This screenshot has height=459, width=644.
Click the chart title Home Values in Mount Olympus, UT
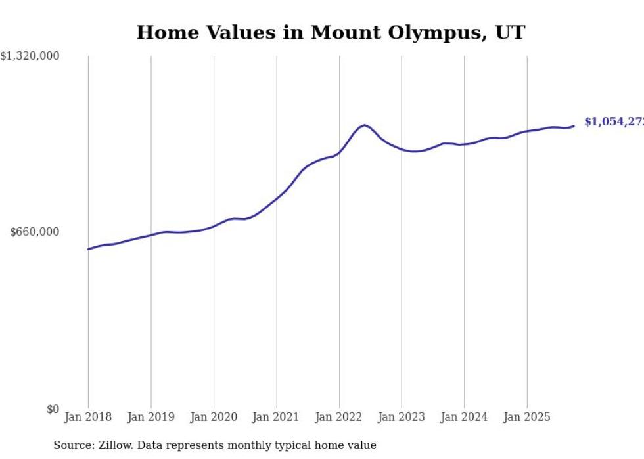click(331, 32)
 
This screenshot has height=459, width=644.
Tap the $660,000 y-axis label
click(34, 232)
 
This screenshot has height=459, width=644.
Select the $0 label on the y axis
click(53, 410)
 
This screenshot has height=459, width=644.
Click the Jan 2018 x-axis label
click(88, 417)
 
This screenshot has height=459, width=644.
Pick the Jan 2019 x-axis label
click(150, 417)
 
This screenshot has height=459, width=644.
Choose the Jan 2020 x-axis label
click(214, 417)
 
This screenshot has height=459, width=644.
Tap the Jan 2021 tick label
click(276, 417)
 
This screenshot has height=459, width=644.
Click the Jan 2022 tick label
click(339, 417)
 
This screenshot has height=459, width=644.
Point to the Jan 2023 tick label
click(402, 417)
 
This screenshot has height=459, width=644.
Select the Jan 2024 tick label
click(464, 417)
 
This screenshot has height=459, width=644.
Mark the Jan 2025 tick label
click(527, 417)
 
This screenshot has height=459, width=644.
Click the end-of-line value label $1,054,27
click(613, 122)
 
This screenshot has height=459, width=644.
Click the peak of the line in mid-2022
click(365, 125)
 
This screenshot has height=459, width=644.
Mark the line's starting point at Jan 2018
click(88, 249)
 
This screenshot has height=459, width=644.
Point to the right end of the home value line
click(574, 126)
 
